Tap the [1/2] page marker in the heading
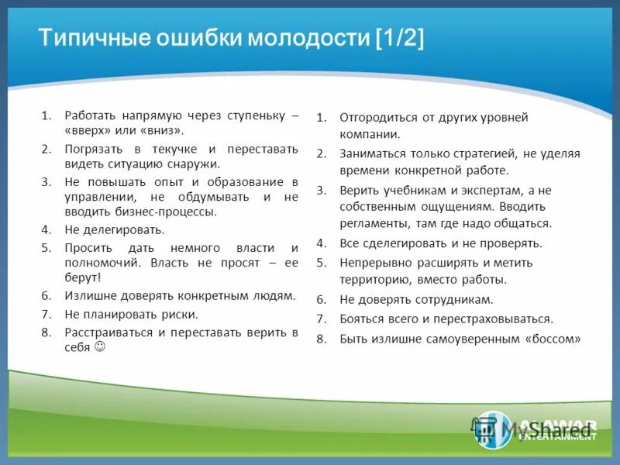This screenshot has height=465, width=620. (x=399, y=39)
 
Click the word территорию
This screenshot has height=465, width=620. (x=370, y=279)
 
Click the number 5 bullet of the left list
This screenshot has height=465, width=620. (x=46, y=247)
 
